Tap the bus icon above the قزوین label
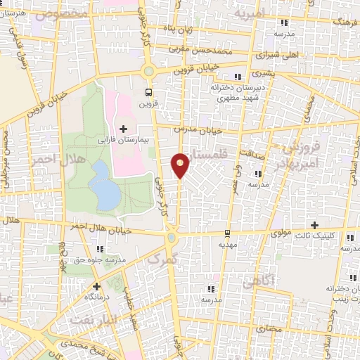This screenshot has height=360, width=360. point(148,91)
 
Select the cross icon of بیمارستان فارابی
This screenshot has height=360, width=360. point(124,129)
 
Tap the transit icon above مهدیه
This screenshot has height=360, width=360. point(227,233)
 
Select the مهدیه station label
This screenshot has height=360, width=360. point(227,244)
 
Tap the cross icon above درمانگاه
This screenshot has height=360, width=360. point(96,286)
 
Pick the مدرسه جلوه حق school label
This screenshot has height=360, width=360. point(123,259)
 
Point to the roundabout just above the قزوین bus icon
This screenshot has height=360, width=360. point(148,70)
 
